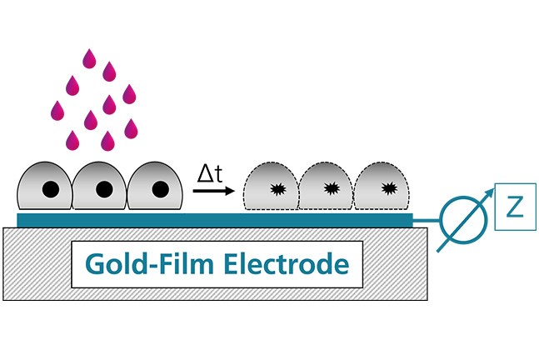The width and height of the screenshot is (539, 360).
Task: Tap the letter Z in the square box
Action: (x=515, y=207)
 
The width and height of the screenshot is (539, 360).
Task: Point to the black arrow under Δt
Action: (x=212, y=191)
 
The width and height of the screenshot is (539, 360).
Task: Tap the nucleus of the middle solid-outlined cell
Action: (x=104, y=189)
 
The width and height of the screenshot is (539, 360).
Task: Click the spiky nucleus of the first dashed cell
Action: (x=275, y=189)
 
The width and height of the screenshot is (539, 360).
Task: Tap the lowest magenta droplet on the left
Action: (x=73, y=138)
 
